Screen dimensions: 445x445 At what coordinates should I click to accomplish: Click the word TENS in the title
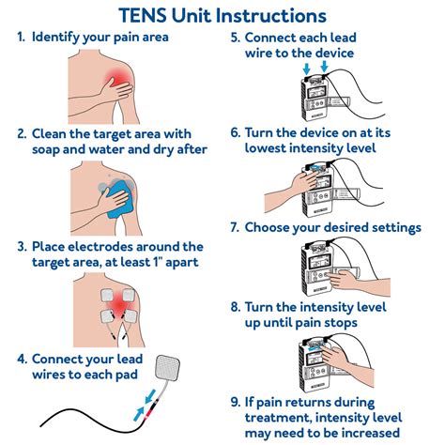coord(146,15)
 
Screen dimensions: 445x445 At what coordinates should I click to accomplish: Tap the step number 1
coord(20,37)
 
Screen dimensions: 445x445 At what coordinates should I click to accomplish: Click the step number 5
coord(235,37)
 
